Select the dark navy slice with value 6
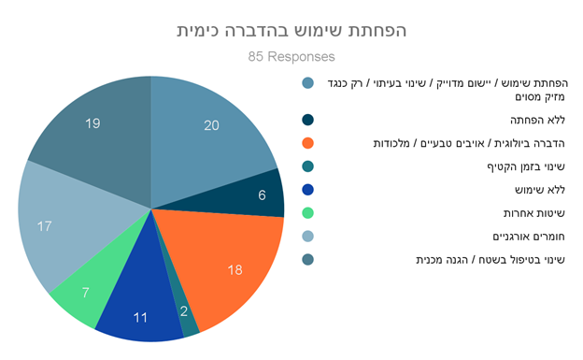[257, 194]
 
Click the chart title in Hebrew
[291, 31]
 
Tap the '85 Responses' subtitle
[291, 57]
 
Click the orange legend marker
[308, 143]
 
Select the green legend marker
[308, 213]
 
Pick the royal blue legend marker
[308, 190]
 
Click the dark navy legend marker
[308, 120]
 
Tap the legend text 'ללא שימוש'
[540, 190]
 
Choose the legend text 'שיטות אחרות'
[534, 213]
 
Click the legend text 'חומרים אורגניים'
[529, 237]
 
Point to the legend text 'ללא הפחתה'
[537, 121]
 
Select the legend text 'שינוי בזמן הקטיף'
[526, 166]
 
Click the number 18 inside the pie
[235, 270]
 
